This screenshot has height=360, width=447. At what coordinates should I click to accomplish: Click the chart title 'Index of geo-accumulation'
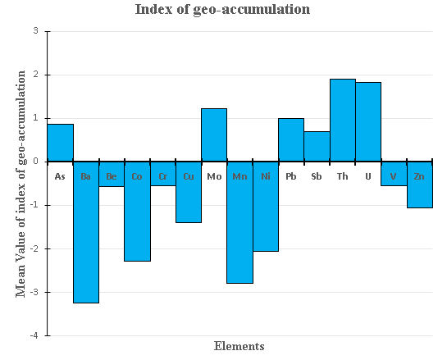(x=223, y=10)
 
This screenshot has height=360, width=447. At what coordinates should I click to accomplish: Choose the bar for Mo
(x=214, y=134)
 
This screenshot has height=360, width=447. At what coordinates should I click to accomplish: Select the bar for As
(x=61, y=143)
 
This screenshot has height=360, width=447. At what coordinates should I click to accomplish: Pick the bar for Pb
(x=291, y=139)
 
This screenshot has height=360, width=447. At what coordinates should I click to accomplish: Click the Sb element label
(x=317, y=176)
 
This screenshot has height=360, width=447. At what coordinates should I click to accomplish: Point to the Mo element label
(x=214, y=176)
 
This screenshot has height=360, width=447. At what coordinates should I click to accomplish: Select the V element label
(x=394, y=176)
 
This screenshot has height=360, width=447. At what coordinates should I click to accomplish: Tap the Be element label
(x=112, y=176)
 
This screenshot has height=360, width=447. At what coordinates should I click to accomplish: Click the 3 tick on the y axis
(x=34, y=31)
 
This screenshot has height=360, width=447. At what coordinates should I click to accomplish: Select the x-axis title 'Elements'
(x=239, y=346)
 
